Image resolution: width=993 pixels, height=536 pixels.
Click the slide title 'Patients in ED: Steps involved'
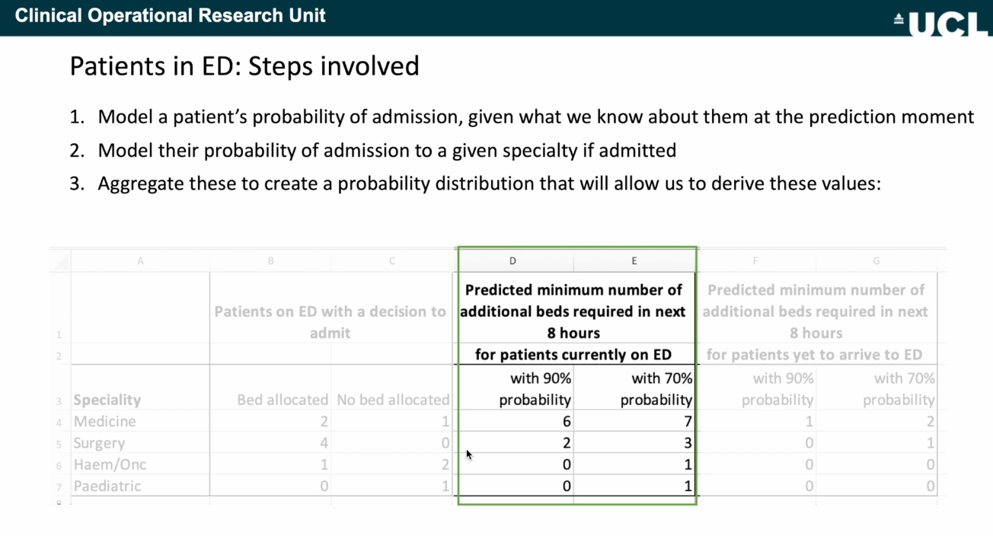click(x=244, y=66)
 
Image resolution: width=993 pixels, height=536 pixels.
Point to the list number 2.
click(x=77, y=150)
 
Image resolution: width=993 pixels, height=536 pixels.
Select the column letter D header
click(x=512, y=260)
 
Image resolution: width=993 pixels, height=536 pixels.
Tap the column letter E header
click(x=634, y=260)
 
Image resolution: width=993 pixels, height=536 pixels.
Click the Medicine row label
click(x=104, y=421)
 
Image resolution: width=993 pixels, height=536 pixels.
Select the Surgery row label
click(x=99, y=443)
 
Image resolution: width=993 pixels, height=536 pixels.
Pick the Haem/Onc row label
click(x=110, y=464)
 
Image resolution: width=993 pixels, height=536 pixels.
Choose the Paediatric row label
click(x=107, y=486)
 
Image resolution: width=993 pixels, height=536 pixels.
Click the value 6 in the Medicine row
click(x=567, y=421)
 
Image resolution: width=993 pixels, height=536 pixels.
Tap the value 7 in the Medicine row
click(x=688, y=421)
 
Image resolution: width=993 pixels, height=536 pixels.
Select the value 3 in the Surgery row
click(x=688, y=443)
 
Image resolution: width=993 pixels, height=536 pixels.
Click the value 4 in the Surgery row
click(x=324, y=443)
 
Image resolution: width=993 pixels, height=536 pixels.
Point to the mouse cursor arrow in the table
click(x=469, y=455)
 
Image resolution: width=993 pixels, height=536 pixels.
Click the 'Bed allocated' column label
click(x=283, y=400)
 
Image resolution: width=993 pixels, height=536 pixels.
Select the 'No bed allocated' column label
click(x=393, y=400)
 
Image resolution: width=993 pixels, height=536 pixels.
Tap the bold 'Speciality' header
click(x=107, y=400)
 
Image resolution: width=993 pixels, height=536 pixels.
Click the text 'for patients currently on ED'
click(x=573, y=355)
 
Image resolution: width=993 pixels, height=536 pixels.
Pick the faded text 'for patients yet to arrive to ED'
click(x=814, y=355)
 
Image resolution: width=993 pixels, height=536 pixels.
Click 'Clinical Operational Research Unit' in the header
click(x=171, y=15)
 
